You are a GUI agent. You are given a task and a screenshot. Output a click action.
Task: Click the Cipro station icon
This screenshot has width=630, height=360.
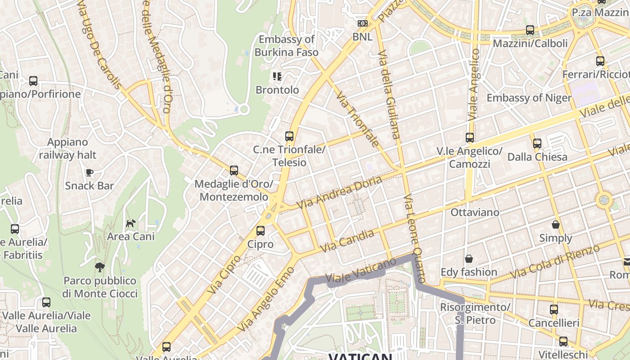260,231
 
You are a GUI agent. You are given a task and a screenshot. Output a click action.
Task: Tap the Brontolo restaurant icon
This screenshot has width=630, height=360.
277,76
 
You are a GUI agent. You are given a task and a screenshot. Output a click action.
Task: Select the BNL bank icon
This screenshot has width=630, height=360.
362,23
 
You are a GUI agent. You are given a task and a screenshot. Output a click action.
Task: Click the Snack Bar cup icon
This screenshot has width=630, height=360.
89,172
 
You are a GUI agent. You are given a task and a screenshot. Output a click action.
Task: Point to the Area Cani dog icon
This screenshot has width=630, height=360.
130,223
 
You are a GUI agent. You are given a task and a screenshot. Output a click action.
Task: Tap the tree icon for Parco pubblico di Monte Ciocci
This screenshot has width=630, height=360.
99,267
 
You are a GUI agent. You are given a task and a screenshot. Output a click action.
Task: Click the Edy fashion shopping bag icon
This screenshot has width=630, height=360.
469,259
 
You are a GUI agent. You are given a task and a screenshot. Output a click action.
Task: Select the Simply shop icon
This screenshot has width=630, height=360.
556,225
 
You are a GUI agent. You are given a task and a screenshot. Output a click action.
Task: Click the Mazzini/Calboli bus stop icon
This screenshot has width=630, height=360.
530,30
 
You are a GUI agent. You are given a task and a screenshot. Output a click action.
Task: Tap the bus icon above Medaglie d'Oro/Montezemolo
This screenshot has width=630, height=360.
234,171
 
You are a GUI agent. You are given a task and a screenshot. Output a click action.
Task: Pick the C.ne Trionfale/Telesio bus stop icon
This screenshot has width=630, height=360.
289,136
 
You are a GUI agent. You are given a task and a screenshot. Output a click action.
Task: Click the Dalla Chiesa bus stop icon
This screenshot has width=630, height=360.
537,144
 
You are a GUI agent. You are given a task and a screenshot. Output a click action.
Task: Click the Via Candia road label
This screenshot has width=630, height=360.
347,241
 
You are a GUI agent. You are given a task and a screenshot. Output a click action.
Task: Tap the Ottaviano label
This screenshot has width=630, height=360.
475,212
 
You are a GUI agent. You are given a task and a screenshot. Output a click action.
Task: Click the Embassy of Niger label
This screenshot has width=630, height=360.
529,98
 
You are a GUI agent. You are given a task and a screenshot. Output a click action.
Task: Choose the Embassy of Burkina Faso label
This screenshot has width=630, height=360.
287,45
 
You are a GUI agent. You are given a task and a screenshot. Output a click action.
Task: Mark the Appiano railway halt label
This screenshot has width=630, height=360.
67,148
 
